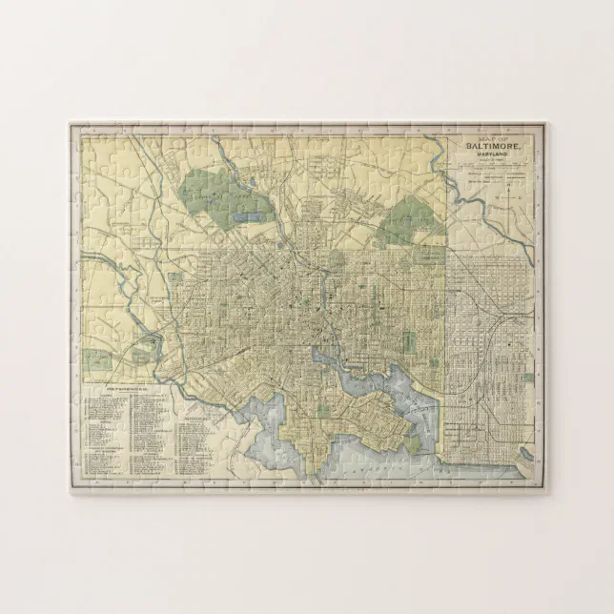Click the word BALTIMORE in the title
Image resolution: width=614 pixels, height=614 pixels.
click(x=496, y=149)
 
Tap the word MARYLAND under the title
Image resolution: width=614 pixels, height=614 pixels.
click(x=497, y=158)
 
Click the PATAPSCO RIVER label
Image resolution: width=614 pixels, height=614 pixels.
click(x=362, y=469)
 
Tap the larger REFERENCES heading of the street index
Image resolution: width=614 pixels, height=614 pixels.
click(x=125, y=390)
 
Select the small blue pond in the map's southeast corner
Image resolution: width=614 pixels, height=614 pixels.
click(x=522, y=440)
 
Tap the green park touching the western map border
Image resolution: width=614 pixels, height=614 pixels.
click(x=94, y=360)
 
